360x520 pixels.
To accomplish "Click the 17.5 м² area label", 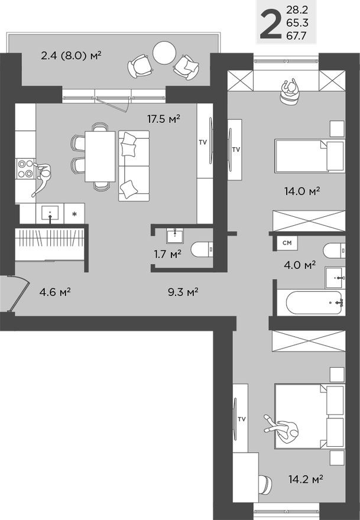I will click(x=164, y=119).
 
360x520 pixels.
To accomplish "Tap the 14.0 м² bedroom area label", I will click(x=301, y=191).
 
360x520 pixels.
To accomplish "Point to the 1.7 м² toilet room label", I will click(x=167, y=254).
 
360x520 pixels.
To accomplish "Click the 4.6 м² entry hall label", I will click(x=55, y=291).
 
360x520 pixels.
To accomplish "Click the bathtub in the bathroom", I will click(x=314, y=303).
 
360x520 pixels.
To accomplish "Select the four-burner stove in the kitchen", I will click(x=25, y=168).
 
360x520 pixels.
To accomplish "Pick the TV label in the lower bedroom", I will click(x=241, y=419).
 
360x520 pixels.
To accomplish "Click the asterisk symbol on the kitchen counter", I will click(x=74, y=213).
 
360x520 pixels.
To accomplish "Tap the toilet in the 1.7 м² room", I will click(x=201, y=249).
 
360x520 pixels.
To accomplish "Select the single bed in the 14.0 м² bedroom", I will click(x=309, y=157).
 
